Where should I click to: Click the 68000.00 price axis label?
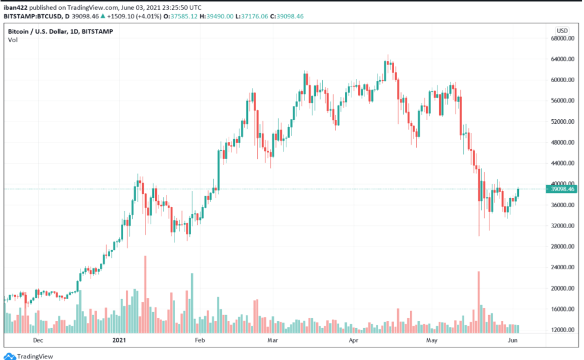coord(562,38)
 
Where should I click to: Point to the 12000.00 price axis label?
coord(562,330)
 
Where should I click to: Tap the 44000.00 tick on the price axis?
coord(562,163)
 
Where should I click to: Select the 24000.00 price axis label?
coord(562,267)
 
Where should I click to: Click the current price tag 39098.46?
coord(562,189)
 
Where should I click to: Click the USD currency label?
coord(562,30)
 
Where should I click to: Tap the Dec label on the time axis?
coord(38,341)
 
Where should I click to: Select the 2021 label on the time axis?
coord(119,341)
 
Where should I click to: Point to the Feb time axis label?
coord(200,341)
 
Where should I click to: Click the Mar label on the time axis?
coord(273,341)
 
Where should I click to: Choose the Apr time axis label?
coord(354,341)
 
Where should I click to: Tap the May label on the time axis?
coord(432,341)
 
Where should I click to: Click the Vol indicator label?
coord(12,39)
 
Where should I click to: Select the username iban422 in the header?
coord(15,7)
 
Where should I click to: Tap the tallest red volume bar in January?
coord(145,294)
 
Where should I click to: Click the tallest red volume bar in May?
coord(478,301)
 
